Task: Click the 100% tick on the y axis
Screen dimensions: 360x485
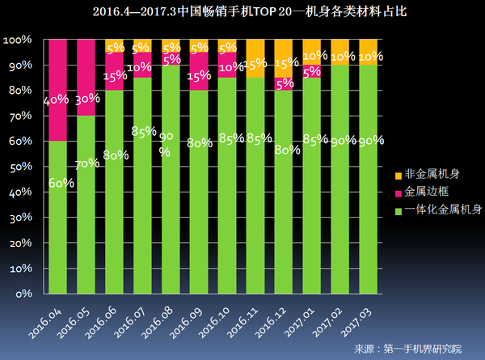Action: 16,40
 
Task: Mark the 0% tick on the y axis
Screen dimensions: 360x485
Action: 21,293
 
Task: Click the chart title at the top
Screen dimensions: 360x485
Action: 242,12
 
